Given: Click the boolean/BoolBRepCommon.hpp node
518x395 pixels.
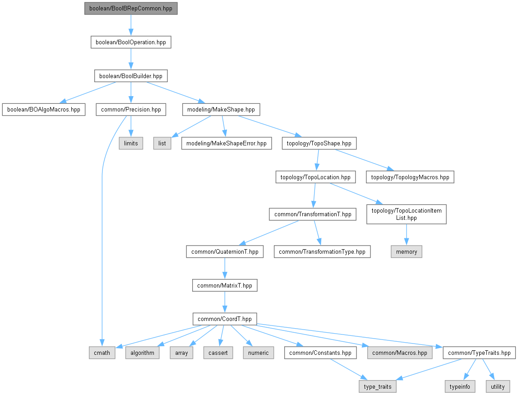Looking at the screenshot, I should [x=131, y=9].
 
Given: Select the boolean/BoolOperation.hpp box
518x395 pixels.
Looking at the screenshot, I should [x=130, y=42].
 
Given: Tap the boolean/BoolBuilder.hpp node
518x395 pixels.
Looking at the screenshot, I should [x=130, y=76].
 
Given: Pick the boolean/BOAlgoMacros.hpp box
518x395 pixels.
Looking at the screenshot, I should [x=44, y=110].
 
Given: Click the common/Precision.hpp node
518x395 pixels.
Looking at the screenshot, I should [x=131, y=110].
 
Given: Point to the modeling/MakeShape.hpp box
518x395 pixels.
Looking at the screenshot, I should [x=221, y=110].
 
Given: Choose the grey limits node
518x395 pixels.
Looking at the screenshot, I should [x=131, y=144].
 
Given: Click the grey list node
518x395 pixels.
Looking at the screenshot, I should [x=162, y=144].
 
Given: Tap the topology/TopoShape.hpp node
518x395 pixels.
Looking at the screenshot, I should [x=319, y=144].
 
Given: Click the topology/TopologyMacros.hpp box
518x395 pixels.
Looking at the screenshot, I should [x=410, y=177].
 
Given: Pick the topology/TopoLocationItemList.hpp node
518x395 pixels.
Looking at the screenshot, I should [x=407, y=214].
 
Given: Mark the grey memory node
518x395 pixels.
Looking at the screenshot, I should [x=407, y=252].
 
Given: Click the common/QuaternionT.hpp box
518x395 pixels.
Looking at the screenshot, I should [x=225, y=252].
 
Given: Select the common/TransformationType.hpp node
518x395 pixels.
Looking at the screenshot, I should [x=322, y=252].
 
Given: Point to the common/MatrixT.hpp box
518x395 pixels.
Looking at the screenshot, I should [x=225, y=285].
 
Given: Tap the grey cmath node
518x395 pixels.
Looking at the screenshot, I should [x=102, y=353].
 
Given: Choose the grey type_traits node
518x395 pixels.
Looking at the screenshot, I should [x=378, y=387].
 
